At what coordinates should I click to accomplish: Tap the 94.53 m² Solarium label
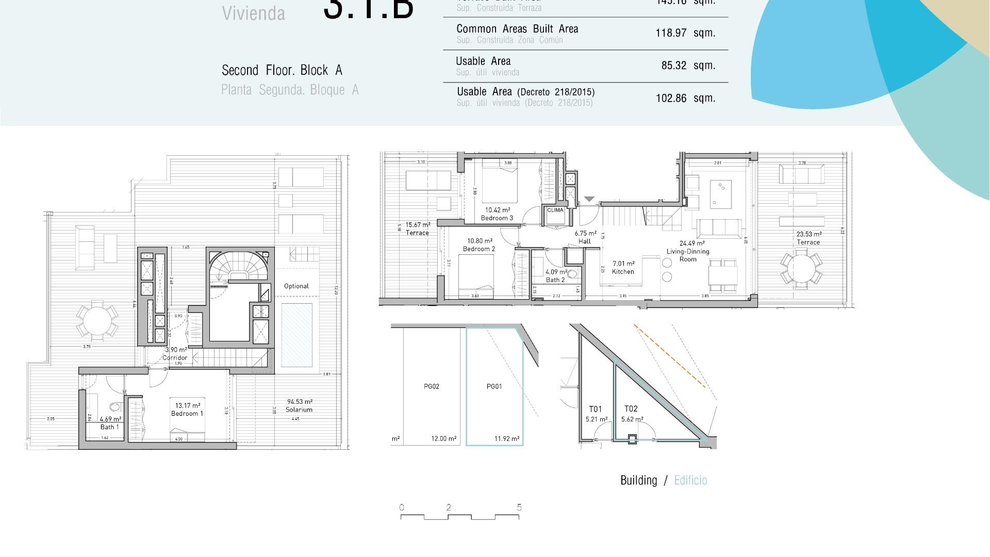coord(299,406)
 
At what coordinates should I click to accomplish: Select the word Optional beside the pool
coord(296,286)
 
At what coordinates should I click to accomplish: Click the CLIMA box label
coord(555,210)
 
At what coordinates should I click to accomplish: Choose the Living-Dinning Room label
coord(688,252)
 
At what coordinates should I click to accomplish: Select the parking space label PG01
coord(494,387)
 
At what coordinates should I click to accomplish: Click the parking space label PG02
coord(432,387)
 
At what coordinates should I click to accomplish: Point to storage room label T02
coord(631,409)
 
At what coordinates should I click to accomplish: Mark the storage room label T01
coord(596,409)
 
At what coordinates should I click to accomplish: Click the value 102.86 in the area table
coord(671,99)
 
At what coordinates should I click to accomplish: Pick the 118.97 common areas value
coord(671,33)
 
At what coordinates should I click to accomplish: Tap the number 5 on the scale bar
coord(519,507)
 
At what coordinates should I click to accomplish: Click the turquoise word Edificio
coord(690,481)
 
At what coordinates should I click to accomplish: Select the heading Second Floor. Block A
coord(282,70)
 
